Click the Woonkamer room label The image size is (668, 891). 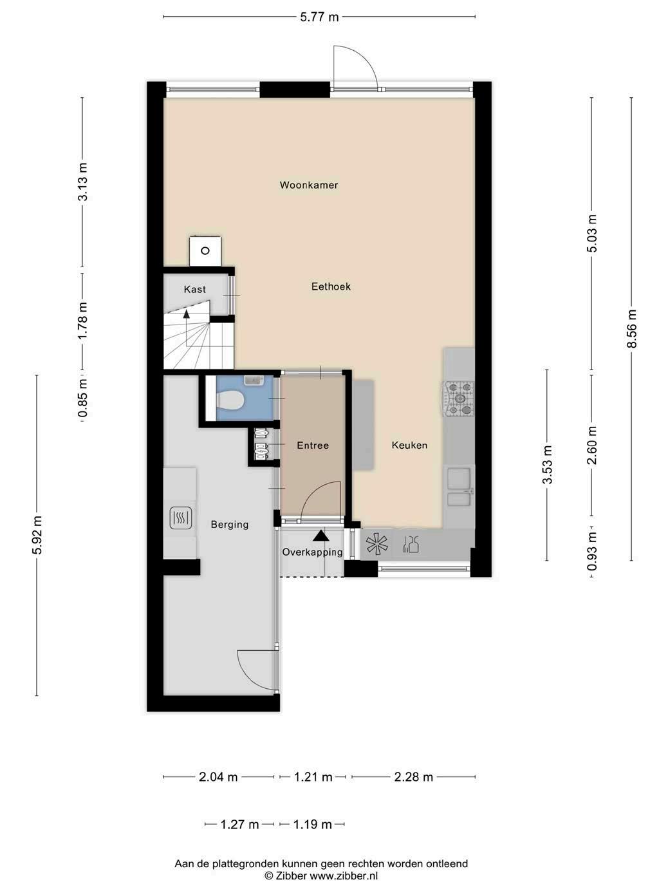[x=309, y=185]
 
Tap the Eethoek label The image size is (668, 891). [x=331, y=286]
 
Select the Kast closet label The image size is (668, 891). [x=195, y=290]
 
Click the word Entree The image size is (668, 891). [x=313, y=445]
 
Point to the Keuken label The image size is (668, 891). [x=409, y=445]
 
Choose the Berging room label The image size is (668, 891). [x=230, y=525]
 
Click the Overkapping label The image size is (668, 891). [x=312, y=552]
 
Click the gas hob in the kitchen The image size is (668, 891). [x=459, y=399]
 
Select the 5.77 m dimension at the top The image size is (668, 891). [x=319, y=17]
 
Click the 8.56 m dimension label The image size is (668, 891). [x=631, y=329]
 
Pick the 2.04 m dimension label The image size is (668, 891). [x=218, y=777]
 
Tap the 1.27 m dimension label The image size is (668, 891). [x=239, y=825]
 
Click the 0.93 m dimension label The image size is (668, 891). [x=592, y=552]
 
